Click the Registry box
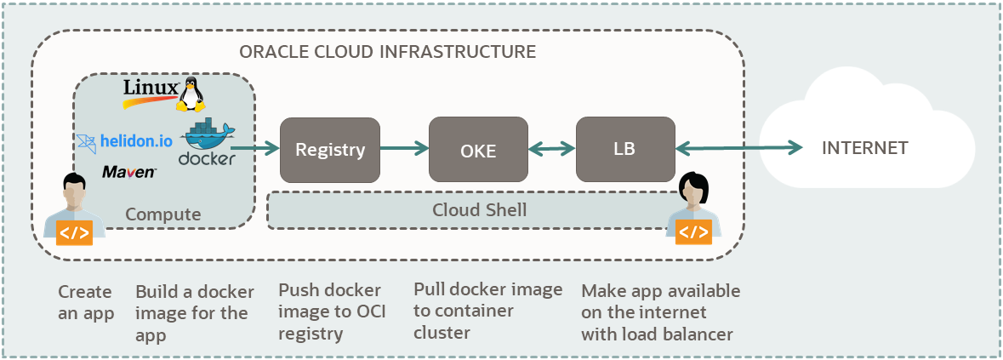coord(329,150)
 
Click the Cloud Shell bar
coord(479,209)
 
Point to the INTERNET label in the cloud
coord(864,148)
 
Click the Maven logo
coord(128,172)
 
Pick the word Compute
coord(163,214)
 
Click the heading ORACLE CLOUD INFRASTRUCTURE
coord(388,52)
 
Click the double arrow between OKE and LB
coord(551,150)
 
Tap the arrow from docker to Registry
coord(258,150)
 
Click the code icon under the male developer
coord(73,232)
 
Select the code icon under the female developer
coord(693,231)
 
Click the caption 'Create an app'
coord(85,303)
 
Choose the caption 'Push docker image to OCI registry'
coord(332,311)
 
